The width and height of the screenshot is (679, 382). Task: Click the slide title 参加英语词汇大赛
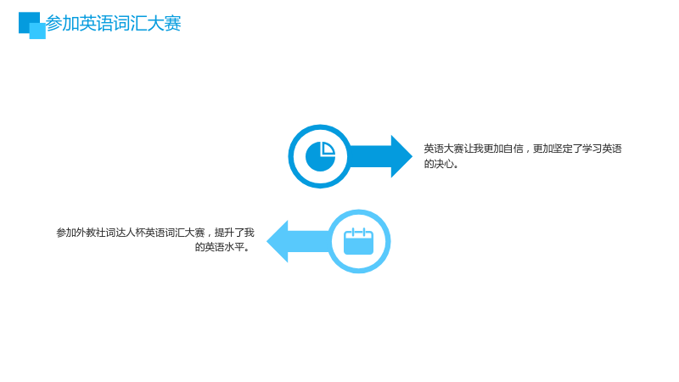(x=113, y=23)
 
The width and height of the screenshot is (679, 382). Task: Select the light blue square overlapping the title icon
(x=37, y=31)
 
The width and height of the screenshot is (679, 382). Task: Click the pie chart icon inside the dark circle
(x=321, y=156)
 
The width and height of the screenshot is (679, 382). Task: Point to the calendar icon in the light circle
(x=358, y=241)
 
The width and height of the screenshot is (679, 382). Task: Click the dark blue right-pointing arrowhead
(x=401, y=156)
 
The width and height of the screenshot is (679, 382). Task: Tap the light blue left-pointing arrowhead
(x=278, y=241)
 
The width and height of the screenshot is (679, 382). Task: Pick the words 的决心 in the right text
(x=439, y=164)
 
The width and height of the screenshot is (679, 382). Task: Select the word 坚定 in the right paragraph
(x=563, y=149)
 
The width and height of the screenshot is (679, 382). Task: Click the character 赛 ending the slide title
(x=172, y=23)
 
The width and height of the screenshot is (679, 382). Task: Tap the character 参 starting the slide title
(x=53, y=23)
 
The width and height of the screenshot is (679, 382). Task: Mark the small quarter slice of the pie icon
(x=327, y=149)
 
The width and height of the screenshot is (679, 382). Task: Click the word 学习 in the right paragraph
(x=592, y=149)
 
